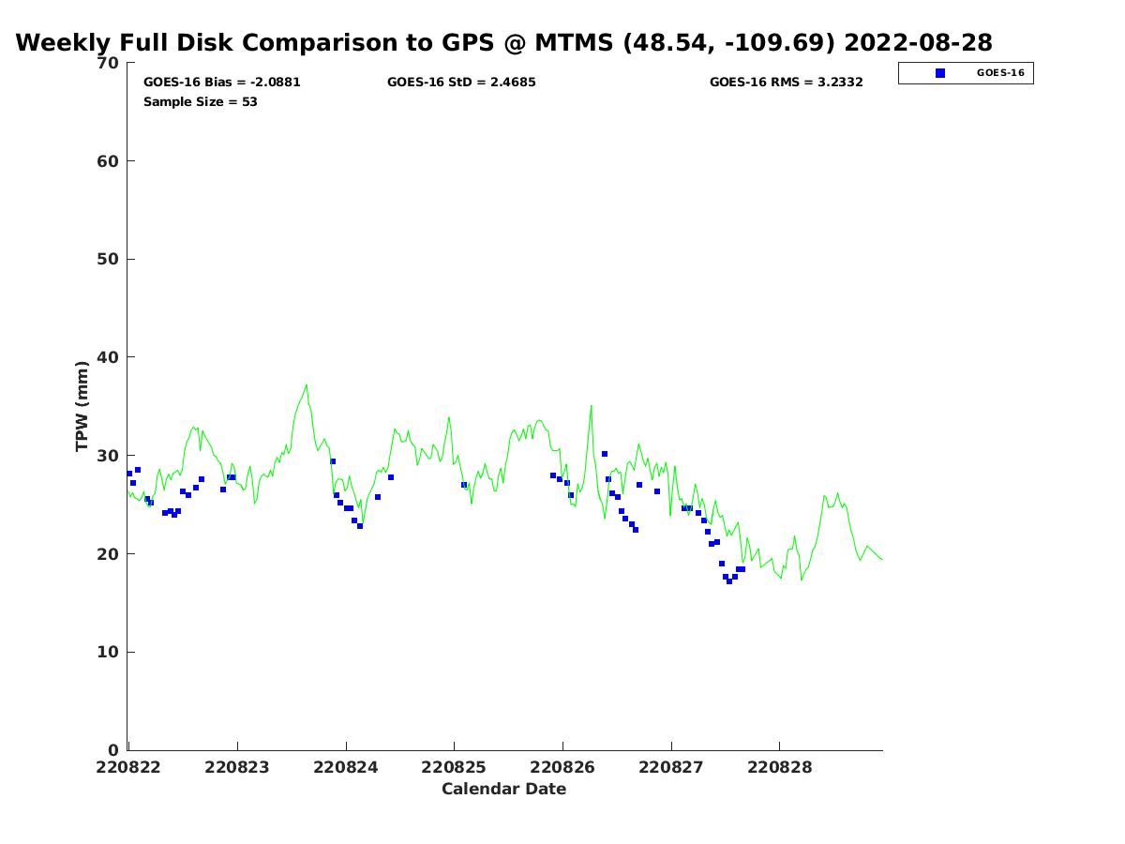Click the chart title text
(x=503, y=43)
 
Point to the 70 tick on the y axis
(x=109, y=63)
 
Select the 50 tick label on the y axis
(x=109, y=259)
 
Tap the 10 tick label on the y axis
(x=109, y=652)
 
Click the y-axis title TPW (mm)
(x=82, y=406)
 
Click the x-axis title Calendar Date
(x=503, y=789)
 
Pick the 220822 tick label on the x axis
(x=128, y=767)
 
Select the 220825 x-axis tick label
(x=454, y=767)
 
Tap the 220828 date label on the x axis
(x=779, y=767)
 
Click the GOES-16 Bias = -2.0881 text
(x=221, y=83)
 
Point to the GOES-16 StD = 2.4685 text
(x=461, y=83)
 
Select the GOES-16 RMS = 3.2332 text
(x=786, y=83)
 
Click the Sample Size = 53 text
(x=200, y=102)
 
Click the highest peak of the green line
(x=306, y=384)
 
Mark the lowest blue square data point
(x=729, y=581)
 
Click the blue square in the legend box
(x=940, y=73)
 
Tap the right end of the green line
(x=882, y=560)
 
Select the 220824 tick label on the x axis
(x=346, y=767)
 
